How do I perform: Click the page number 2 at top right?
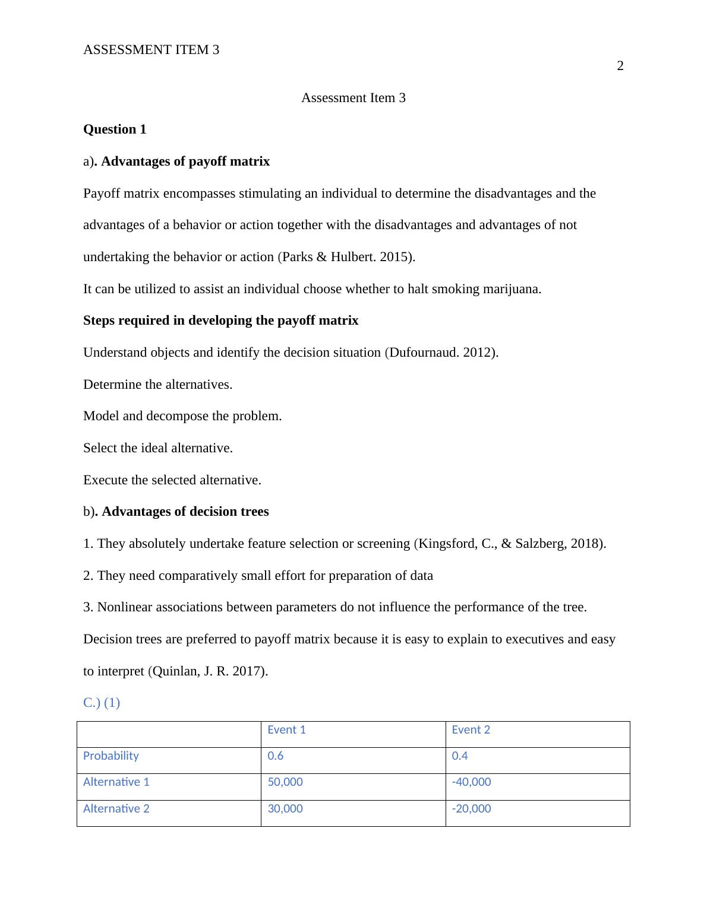[620, 66]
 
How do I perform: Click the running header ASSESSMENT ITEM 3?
[151, 50]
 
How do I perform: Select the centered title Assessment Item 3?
[353, 98]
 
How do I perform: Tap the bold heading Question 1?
[115, 129]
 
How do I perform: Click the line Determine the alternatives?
[157, 385]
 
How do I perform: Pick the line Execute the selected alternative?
[172, 480]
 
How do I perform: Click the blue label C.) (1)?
[102, 703]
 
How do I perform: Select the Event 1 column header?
[286, 730]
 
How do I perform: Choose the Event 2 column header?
[471, 730]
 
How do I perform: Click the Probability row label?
[111, 756]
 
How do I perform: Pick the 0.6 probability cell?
[276, 756]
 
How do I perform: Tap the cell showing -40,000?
[471, 782]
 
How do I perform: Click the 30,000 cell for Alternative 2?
[285, 809]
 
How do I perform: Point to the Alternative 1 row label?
[116, 782]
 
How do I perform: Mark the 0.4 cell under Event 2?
[460, 756]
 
